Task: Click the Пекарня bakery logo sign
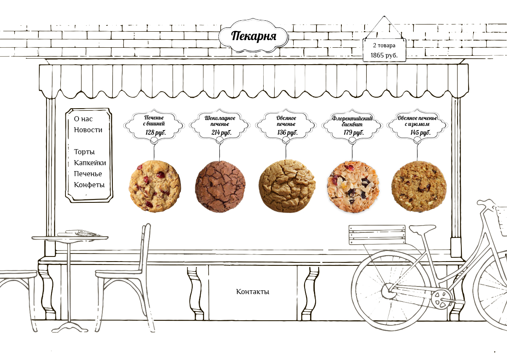[x=253, y=36]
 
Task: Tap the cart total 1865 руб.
[x=384, y=55]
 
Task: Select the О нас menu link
[x=83, y=119]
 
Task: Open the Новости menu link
[x=88, y=130]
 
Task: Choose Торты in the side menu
[x=84, y=152]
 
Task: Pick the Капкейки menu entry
[x=90, y=163]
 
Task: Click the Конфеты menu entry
[x=89, y=185]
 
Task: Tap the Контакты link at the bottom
[x=253, y=292]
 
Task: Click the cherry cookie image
[x=155, y=186]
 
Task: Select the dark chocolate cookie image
[x=221, y=186]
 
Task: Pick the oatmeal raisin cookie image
[x=418, y=186]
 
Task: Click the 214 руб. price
[x=221, y=133]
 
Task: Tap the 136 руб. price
[x=287, y=133]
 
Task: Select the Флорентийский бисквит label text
[x=352, y=121]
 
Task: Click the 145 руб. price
[x=420, y=133]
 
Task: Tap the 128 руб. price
[x=155, y=133]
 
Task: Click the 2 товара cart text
[x=384, y=45]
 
